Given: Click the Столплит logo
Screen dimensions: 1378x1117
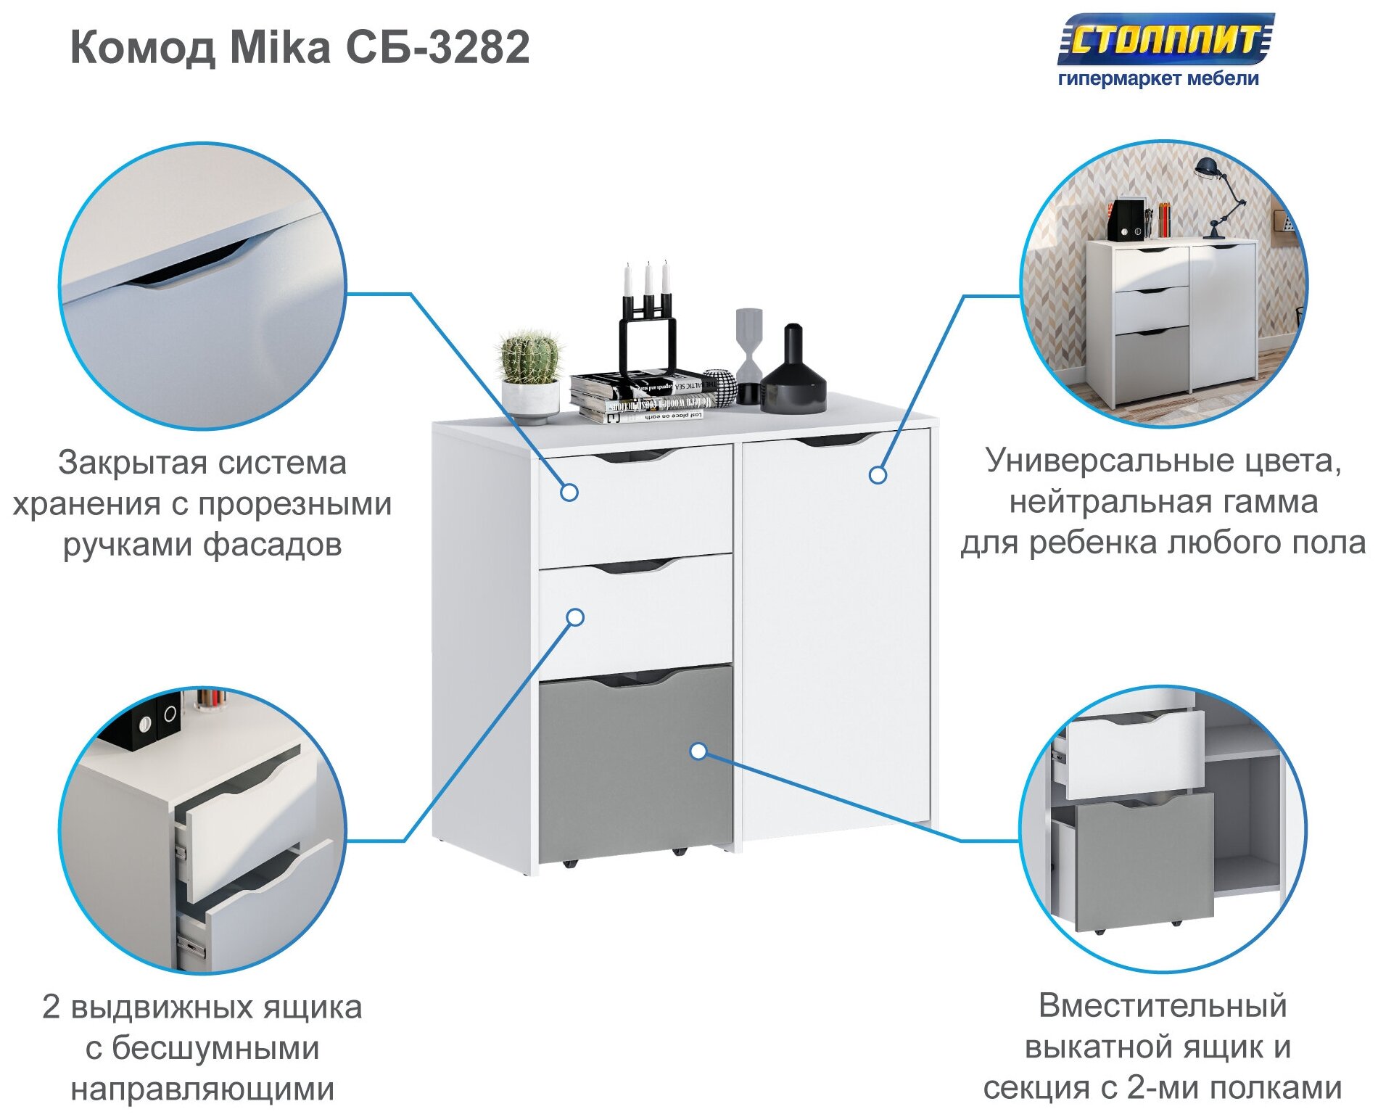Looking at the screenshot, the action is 1163,39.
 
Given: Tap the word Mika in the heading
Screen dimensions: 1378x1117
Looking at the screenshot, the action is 279,48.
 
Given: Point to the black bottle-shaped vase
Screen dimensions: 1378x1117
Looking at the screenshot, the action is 793,374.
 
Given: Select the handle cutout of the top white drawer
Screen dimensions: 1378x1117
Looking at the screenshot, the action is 635,456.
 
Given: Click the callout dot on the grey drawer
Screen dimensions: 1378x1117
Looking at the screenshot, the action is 698,751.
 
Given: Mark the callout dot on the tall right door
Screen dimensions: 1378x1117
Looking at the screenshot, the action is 878,475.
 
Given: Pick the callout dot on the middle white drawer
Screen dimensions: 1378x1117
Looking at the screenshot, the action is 575,617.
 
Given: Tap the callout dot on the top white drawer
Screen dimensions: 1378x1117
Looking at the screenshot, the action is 569,492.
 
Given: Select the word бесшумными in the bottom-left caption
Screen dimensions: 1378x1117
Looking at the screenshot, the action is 215,1049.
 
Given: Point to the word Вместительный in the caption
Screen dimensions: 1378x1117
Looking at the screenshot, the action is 1163,1006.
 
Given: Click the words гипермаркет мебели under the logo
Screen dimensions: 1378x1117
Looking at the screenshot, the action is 1158,78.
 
